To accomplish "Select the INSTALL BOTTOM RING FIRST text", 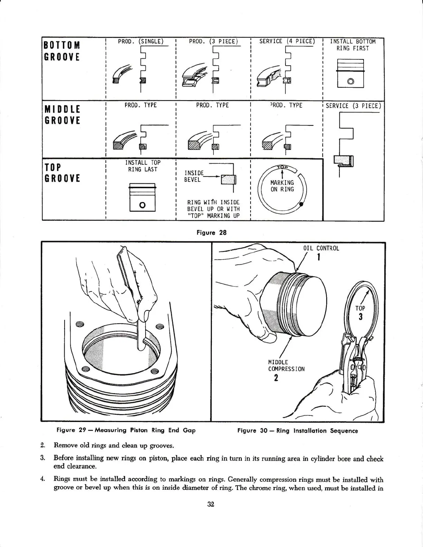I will [x=353, y=45].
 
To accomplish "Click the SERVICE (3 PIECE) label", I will [x=353, y=106].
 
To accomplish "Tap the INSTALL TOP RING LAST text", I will [x=143, y=166].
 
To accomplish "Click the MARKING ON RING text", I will [x=282, y=186].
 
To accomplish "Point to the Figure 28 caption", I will [x=211, y=232].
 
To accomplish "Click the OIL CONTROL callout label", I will [x=321, y=248].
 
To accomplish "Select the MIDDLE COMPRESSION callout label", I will [x=286, y=365].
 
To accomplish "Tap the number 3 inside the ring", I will [x=360, y=317].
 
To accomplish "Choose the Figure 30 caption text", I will [x=298, y=431].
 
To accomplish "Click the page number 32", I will [x=211, y=504].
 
